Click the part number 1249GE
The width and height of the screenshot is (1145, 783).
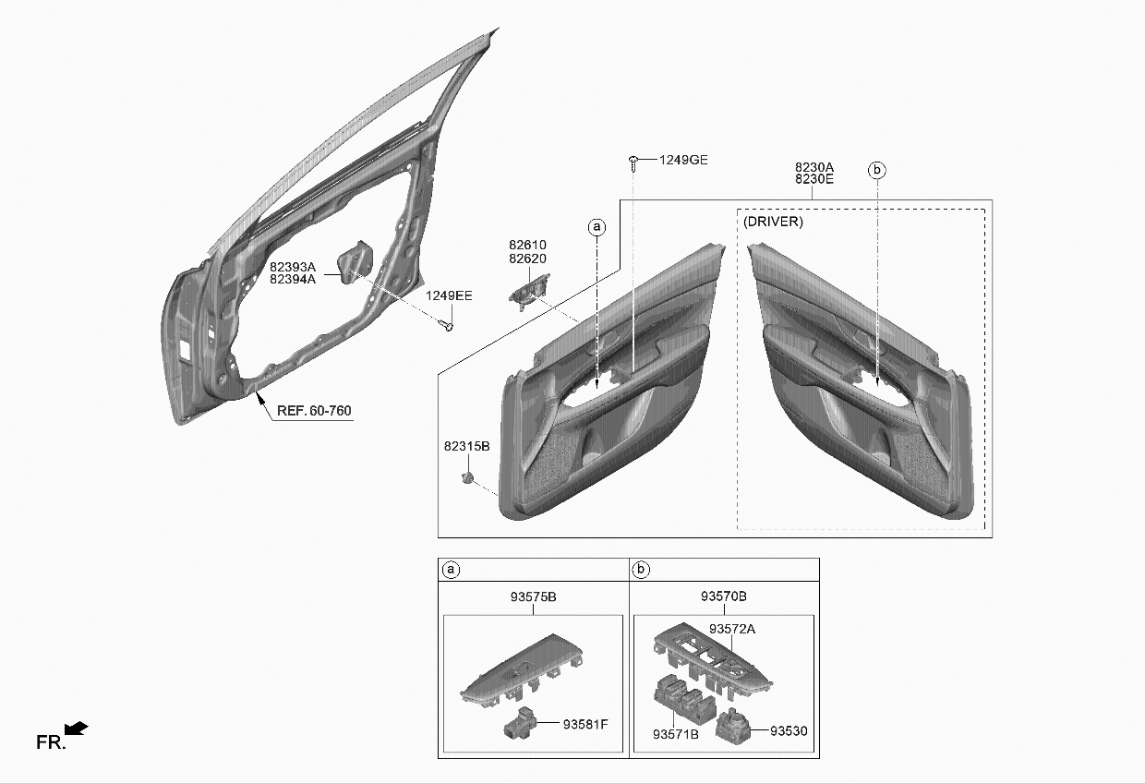[x=683, y=160]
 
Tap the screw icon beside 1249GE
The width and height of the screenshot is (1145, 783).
[x=633, y=163]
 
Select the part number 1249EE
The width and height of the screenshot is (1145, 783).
[x=449, y=295]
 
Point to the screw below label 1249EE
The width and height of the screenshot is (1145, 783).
[x=446, y=324]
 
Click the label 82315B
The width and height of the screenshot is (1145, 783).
[x=466, y=446]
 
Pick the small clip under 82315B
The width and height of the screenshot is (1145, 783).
[x=467, y=478]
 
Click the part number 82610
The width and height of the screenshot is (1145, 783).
[x=527, y=245]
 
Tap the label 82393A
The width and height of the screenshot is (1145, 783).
[x=293, y=267]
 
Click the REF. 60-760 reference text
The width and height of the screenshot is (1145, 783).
[x=314, y=411]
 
